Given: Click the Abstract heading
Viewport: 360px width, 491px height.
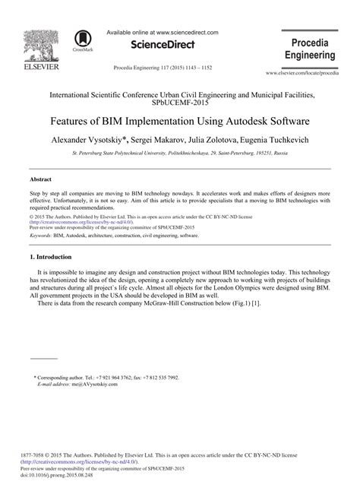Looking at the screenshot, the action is click(x=40, y=179).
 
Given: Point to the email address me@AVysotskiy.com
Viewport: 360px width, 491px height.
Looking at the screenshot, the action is click(x=93, y=385).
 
